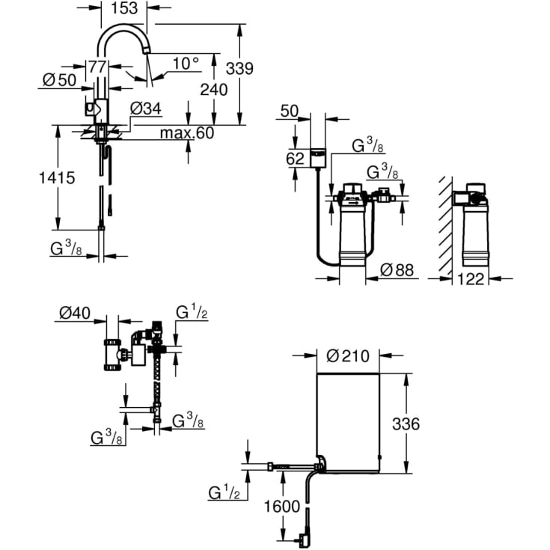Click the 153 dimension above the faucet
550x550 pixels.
[x=123, y=9]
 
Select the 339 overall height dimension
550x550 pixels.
[x=239, y=68]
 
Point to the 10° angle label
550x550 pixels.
[x=186, y=64]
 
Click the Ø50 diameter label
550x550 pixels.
[x=59, y=81]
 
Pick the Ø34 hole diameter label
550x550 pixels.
[x=145, y=109]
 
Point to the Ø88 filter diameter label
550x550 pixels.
[x=397, y=270]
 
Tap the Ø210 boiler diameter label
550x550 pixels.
[x=349, y=356]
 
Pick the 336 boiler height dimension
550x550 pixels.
[x=406, y=424]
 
